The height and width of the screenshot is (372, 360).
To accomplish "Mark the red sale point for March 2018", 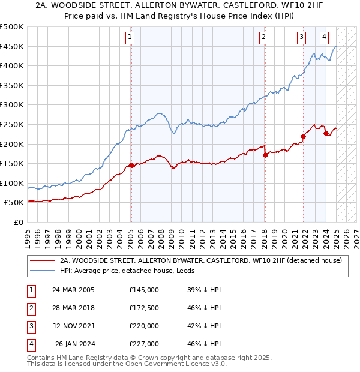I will click(x=265, y=155).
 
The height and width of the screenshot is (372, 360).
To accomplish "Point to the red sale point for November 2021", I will click(x=303, y=136).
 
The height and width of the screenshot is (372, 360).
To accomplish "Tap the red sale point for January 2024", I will click(x=326, y=133).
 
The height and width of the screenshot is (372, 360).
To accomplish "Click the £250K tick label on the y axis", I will click(x=12, y=124).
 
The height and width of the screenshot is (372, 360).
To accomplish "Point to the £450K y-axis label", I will click(x=12, y=46).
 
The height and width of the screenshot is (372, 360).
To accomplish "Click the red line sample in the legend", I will click(x=41, y=260).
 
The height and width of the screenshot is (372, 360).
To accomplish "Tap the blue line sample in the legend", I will click(x=41, y=271).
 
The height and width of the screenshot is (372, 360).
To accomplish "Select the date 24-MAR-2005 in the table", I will click(x=73, y=290).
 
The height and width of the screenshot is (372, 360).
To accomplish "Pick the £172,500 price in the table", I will click(x=144, y=308).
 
